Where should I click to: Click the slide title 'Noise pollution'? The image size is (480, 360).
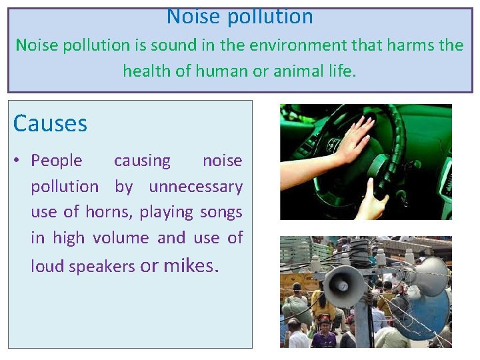(239, 16)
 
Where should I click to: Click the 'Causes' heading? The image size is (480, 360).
(50, 123)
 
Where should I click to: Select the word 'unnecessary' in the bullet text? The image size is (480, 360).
(195, 187)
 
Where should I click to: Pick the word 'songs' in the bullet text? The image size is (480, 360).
(221, 212)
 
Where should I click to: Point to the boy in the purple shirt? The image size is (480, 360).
(324, 335)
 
